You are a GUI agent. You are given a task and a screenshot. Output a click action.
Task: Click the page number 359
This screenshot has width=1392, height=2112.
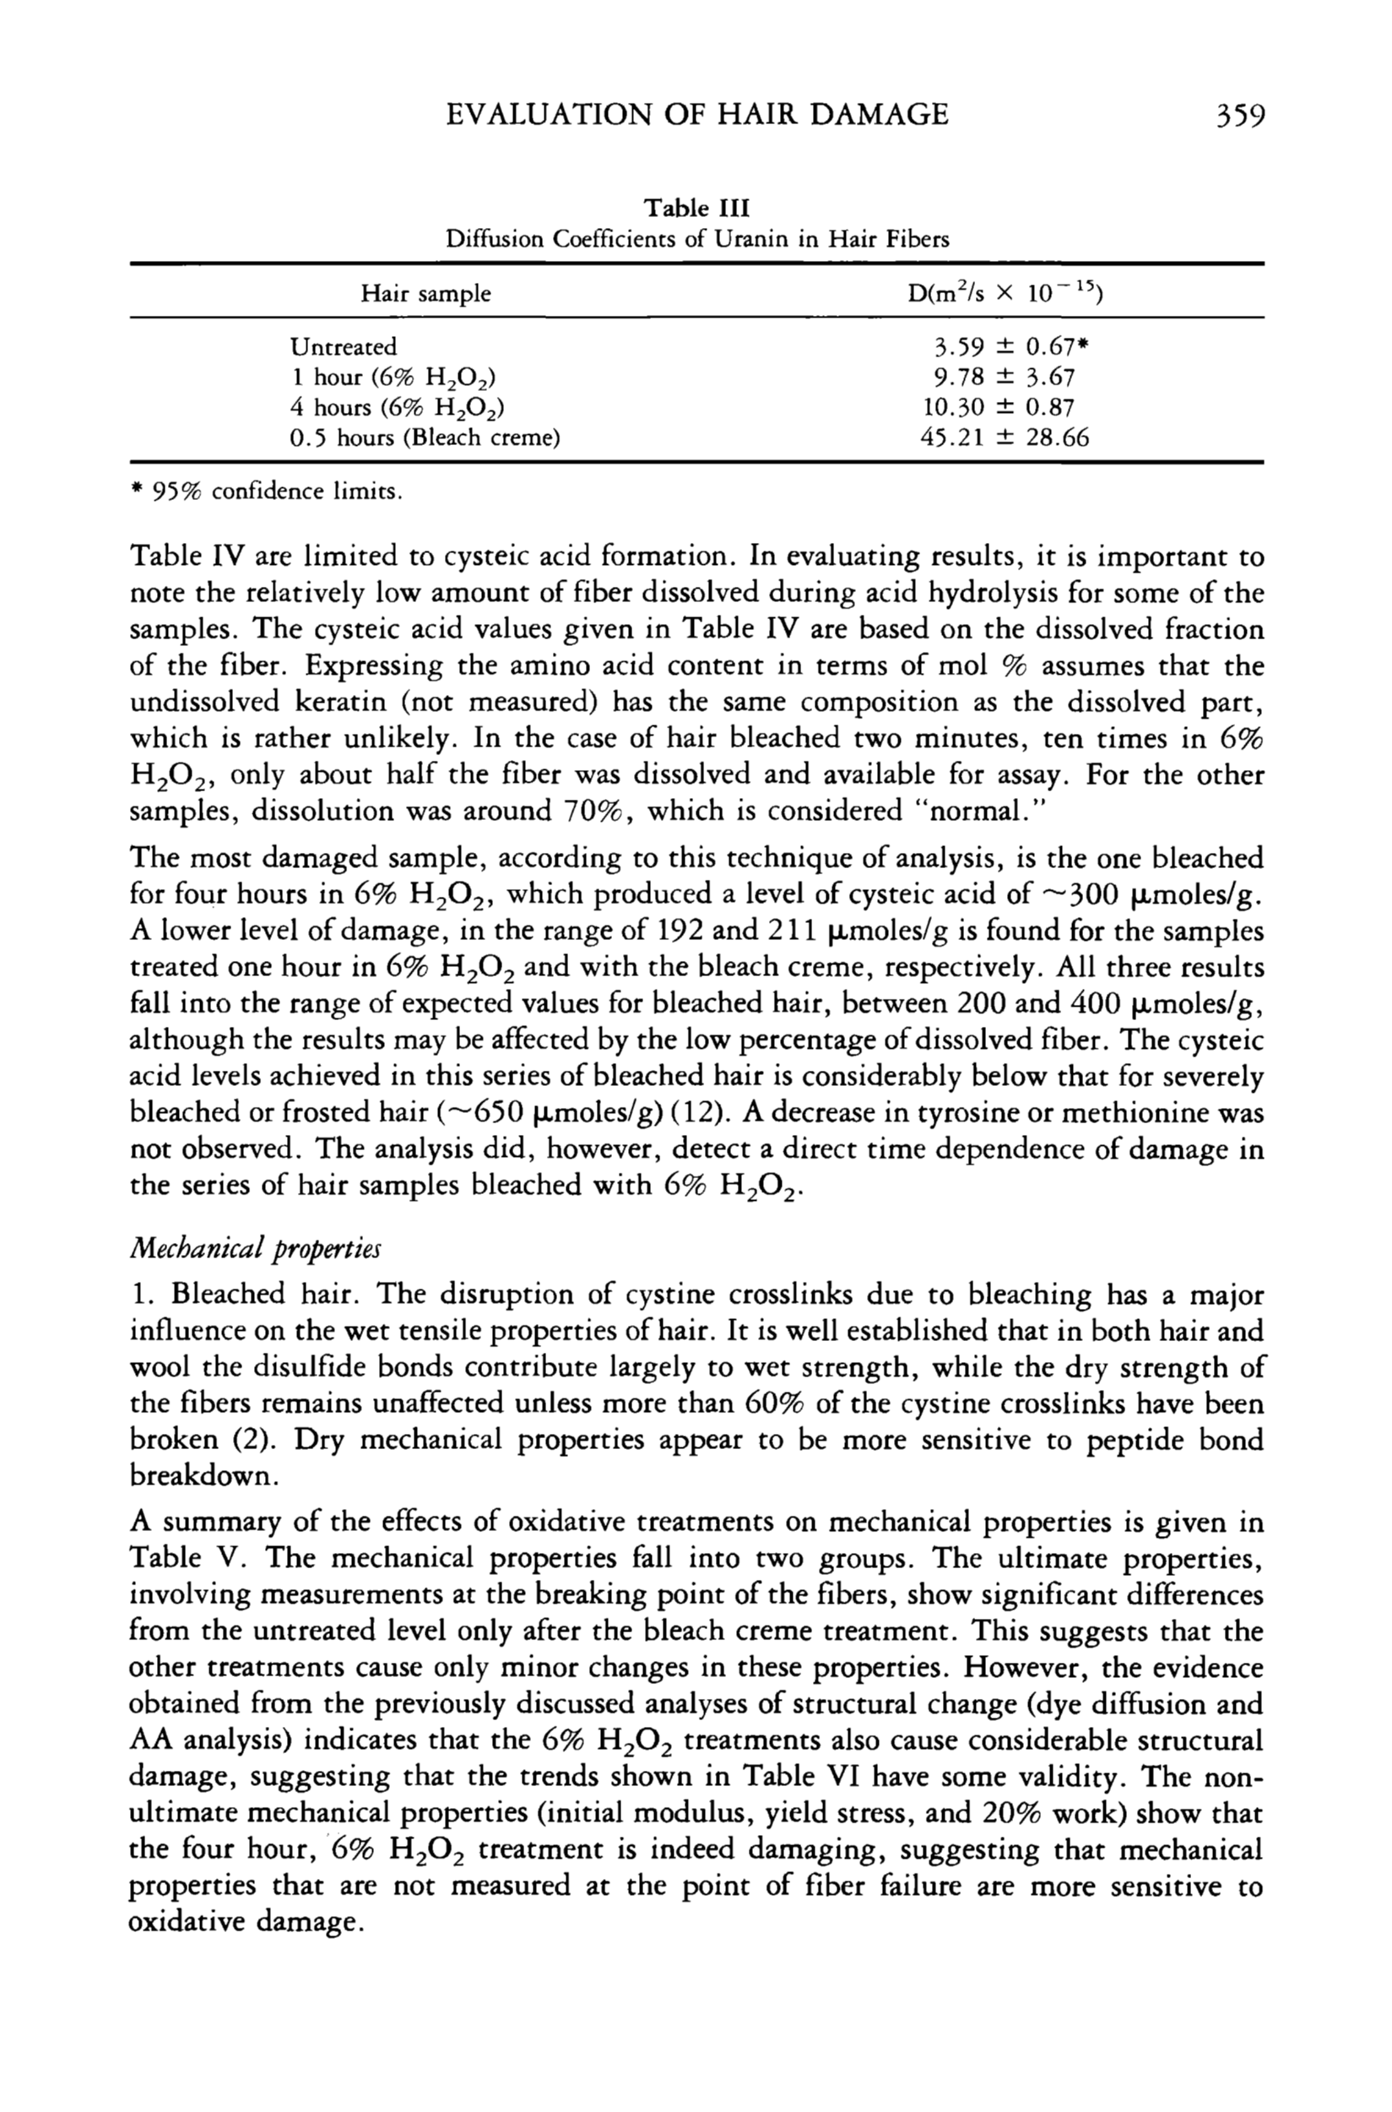click(1233, 116)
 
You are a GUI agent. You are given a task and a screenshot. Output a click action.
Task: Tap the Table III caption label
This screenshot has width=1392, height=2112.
click(697, 209)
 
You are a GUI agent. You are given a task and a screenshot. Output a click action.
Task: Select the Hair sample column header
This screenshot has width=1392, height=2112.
click(425, 294)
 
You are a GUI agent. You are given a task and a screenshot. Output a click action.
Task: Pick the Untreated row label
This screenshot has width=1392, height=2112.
click(344, 347)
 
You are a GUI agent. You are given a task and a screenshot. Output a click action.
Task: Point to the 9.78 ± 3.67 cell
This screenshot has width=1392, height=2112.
click(1004, 377)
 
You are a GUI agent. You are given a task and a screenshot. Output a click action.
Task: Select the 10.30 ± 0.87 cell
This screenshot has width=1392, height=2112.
click(999, 408)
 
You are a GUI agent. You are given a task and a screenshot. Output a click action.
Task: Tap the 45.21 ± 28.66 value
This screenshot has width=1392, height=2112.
click(1006, 437)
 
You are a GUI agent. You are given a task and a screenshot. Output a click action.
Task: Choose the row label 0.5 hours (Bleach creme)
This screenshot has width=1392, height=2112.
click(425, 437)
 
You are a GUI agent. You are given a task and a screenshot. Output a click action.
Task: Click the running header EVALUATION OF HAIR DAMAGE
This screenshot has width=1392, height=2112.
click(697, 116)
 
